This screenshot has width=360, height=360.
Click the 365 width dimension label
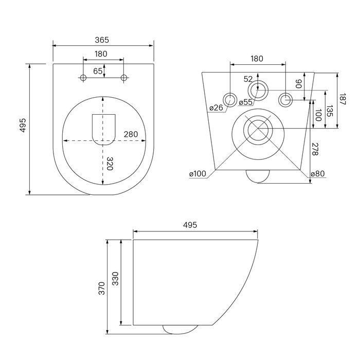tap(102, 40)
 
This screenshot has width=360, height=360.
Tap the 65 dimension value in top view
tap(98, 71)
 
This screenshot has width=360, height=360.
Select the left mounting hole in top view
tap(83, 78)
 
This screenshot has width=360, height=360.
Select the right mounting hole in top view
tap(124, 78)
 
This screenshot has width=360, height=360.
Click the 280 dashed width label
tap(131, 134)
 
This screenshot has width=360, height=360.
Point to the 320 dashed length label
tap(110, 164)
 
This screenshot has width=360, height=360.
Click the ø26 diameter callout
tap(216, 107)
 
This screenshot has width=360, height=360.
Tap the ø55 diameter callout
tap(245, 102)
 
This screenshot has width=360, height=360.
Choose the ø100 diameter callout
tap(197, 174)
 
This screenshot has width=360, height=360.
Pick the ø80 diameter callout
tap(318, 174)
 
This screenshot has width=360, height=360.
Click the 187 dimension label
tap(342, 99)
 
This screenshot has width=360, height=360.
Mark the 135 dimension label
tap(330, 111)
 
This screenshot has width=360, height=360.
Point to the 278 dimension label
tap(315, 149)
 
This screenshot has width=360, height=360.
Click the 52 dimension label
tap(248, 79)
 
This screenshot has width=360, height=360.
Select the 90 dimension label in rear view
tap(298, 84)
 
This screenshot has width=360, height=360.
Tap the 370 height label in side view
tap(101, 289)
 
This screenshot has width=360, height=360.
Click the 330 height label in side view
tap(115, 279)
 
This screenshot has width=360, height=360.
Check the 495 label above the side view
tap(190, 225)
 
